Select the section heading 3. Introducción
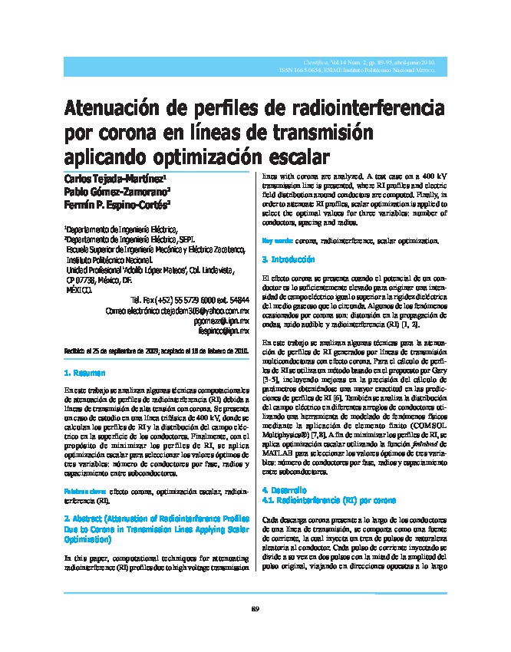tap(288, 259)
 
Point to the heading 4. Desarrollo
tap(285, 489)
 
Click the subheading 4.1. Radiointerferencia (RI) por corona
tap(329, 499)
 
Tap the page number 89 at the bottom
tap(255, 609)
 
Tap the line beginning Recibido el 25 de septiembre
tap(157, 351)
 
